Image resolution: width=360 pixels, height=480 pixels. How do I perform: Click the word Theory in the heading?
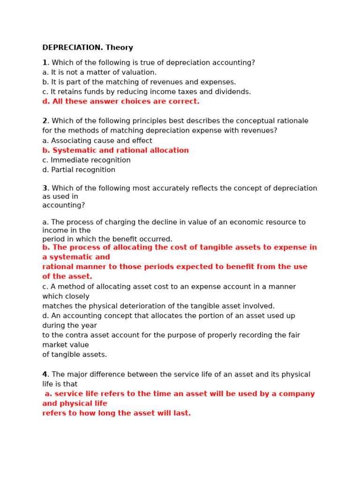point(119,48)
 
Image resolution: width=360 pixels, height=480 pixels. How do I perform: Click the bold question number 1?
point(45,63)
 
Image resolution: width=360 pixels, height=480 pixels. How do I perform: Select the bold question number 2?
point(45,121)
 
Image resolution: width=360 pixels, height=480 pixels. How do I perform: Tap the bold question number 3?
point(45,188)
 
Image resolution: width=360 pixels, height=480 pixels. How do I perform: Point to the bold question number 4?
point(45,375)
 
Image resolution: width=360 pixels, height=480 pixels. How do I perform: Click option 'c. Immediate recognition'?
point(86,160)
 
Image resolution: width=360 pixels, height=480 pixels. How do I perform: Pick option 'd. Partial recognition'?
point(79,170)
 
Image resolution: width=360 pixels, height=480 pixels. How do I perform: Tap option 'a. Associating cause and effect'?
point(97,141)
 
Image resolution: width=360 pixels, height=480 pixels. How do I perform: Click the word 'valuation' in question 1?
point(140,73)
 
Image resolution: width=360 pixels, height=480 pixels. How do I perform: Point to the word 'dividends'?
point(233,92)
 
